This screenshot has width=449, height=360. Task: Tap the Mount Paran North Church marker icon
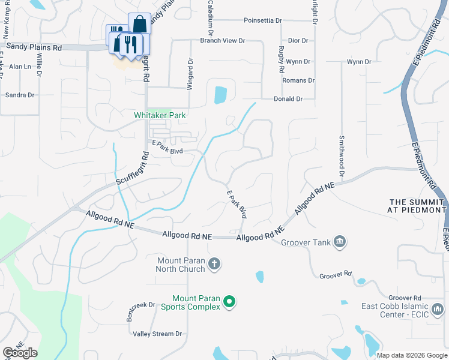[215, 263]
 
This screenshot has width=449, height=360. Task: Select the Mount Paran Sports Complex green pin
[229, 302]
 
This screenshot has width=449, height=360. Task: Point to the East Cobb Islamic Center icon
[438, 310]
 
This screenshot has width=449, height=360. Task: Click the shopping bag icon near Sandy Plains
[139, 24]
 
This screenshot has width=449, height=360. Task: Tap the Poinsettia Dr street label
[263, 20]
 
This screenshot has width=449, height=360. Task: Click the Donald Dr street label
[288, 99]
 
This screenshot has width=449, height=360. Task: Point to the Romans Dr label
[298, 80]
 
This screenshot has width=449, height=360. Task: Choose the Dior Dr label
[298, 41]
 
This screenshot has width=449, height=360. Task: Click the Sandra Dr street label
[19, 95]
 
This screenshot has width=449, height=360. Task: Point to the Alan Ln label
[20, 67]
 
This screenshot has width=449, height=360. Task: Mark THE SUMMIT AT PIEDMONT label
[418, 206]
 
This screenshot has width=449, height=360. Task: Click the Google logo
[20, 353]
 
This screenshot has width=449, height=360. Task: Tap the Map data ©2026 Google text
[411, 355]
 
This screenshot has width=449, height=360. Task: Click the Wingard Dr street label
[190, 74]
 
